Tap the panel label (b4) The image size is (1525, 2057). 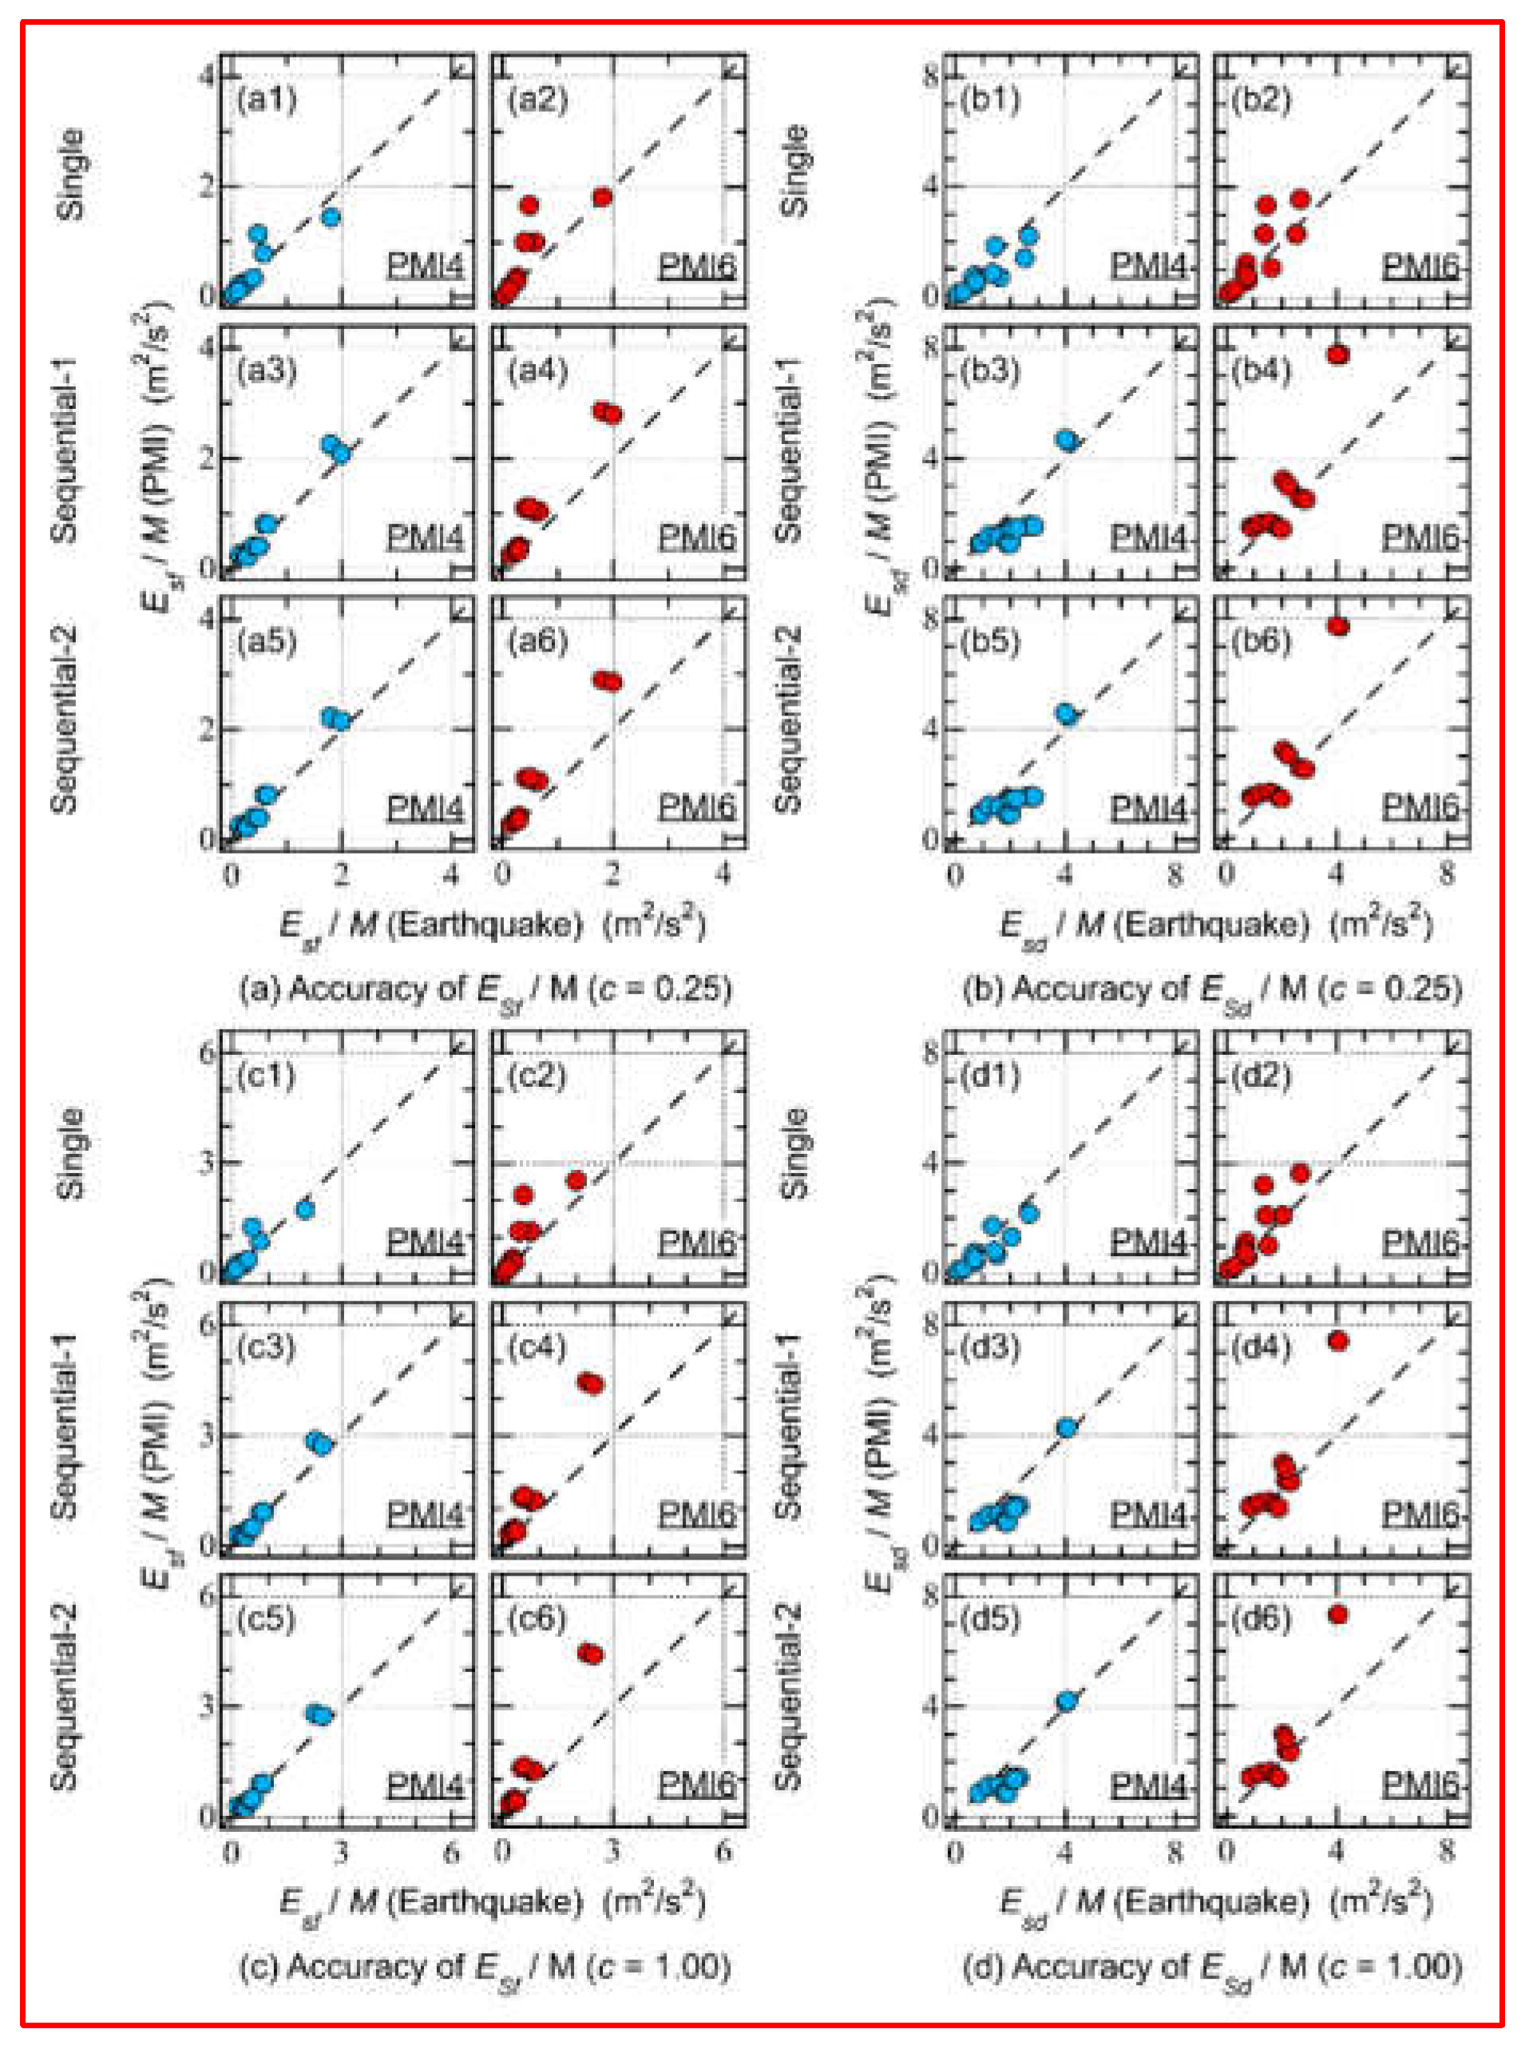click(1262, 371)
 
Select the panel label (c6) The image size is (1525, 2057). click(537, 1619)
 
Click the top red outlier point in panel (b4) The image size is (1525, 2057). click(1337, 355)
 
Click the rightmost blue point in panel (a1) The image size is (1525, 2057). click(331, 217)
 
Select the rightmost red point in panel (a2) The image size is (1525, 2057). click(603, 197)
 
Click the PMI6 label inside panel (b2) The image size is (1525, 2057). click(1420, 267)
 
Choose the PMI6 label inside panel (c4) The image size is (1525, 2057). click(697, 1514)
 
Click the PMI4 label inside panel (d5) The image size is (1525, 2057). click(1147, 1786)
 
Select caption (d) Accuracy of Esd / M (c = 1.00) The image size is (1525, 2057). click(1212, 1968)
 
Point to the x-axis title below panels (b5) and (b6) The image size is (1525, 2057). click(1216, 924)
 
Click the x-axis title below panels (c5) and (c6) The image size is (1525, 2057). click(493, 1902)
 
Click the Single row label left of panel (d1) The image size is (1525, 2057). click(793, 1154)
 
